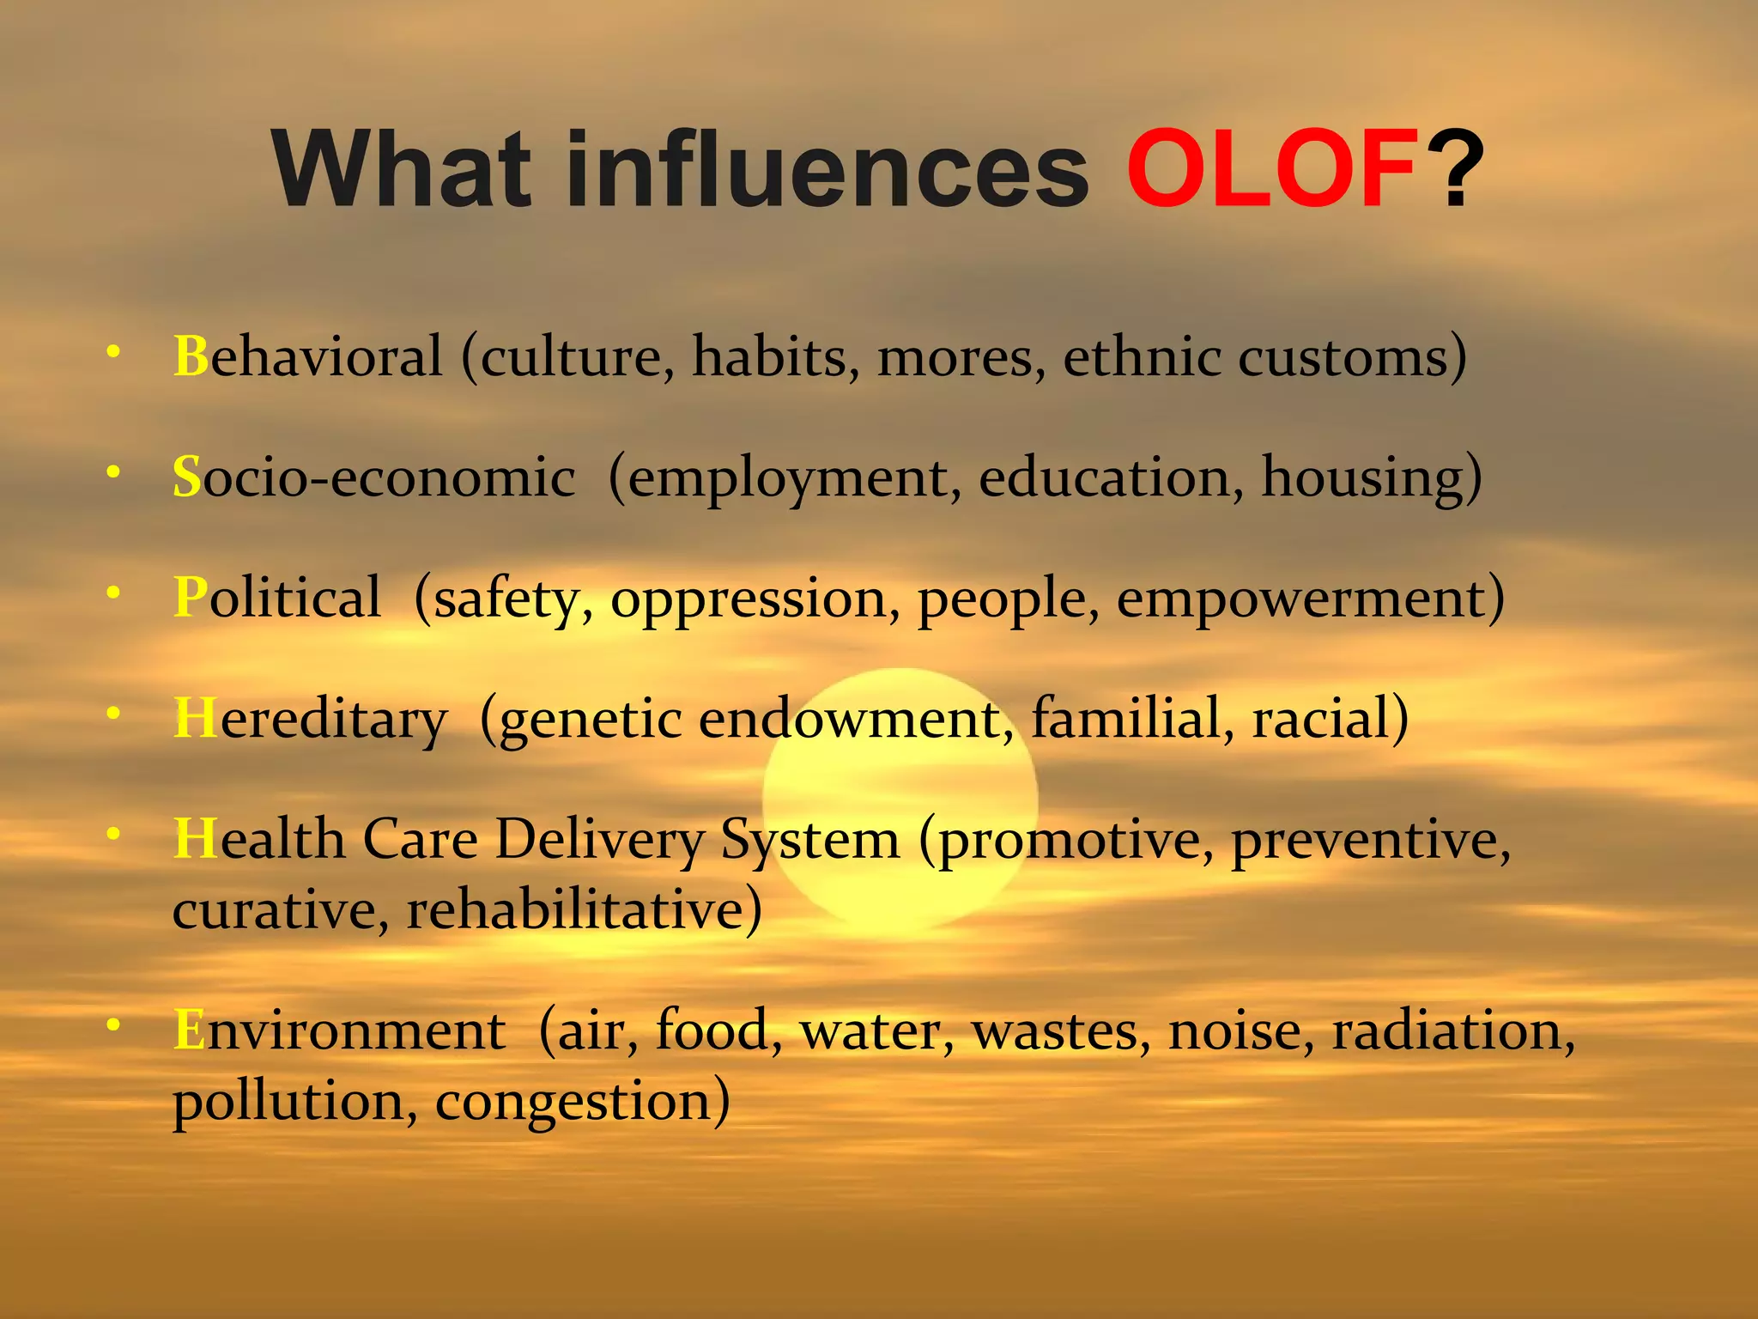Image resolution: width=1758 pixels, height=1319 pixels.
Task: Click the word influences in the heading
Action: point(827,168)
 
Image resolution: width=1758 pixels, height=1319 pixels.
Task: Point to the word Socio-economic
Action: point(373,477)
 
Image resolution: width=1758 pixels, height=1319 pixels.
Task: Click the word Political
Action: point(276,597)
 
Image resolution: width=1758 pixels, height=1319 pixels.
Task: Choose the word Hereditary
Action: point(310,719)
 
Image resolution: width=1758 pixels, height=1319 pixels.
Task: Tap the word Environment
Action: point(339,1030)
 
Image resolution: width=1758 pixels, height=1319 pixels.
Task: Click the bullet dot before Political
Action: point(113,593)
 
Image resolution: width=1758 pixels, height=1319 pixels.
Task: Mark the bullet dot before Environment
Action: point(113,1024)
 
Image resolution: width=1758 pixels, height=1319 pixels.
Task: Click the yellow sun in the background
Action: point(900,799)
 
